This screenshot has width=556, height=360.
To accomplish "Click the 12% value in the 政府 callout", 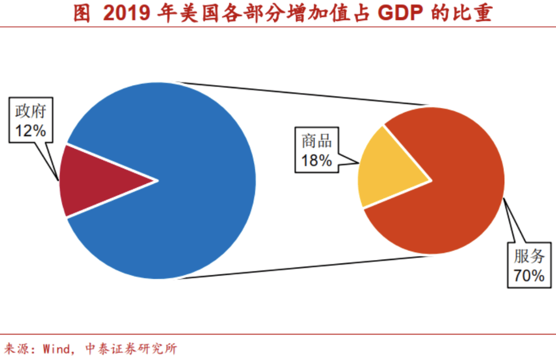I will (x=30, y=131).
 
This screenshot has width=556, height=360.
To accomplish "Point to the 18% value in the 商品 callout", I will (x=316, y=161).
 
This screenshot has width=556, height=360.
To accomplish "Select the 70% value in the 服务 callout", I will (x=529, y=276).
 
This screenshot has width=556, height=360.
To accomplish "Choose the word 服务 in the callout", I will (x=529, y=257).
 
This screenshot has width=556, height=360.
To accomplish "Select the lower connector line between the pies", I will (x=307, y=267).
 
